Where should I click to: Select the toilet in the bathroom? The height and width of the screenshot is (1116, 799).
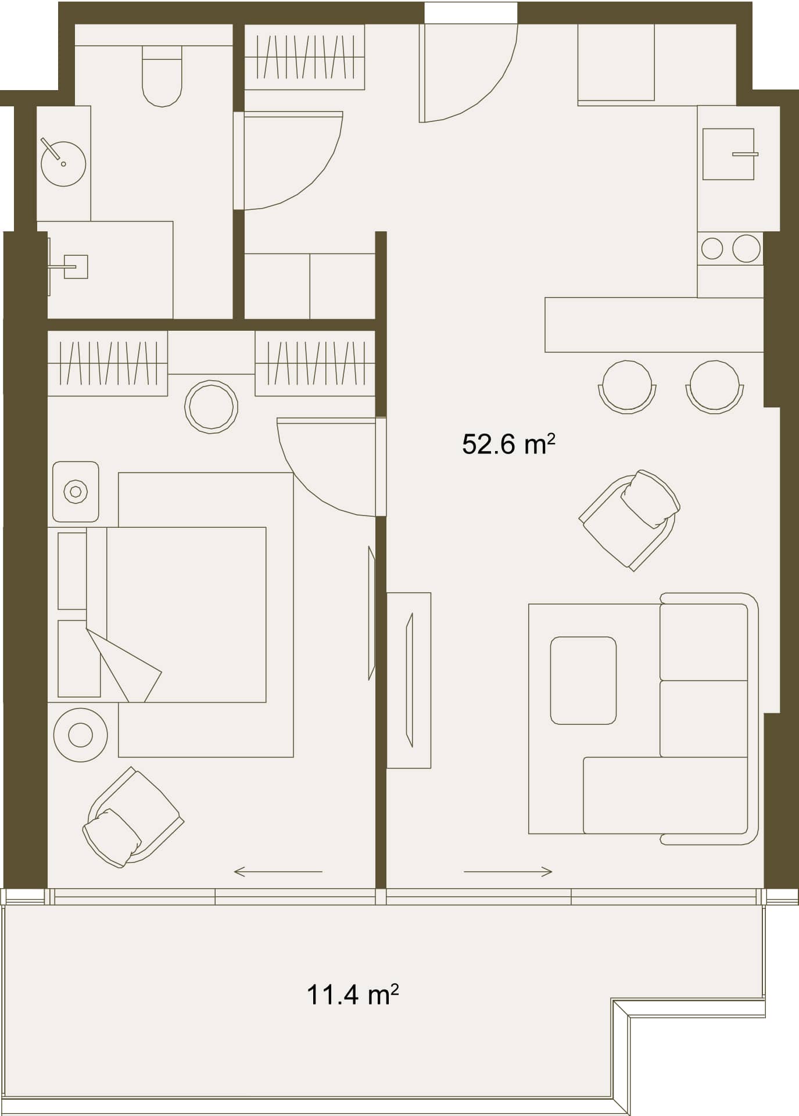(162, 77)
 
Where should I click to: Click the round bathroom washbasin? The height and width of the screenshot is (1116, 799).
(63, 163)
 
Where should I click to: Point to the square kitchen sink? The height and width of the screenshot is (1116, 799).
(728, 154)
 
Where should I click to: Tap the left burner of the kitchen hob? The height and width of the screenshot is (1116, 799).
(712, 249)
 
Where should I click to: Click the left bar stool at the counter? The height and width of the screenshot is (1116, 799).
(627, 387)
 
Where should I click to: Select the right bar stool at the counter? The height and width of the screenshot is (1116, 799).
(715, 387)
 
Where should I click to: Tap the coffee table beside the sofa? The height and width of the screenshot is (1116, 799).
(583, 680)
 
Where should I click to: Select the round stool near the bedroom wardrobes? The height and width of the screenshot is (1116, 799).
(211, 407)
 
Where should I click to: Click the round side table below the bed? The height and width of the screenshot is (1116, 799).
(80, 735)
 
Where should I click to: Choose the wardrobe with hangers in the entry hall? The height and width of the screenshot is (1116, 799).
(304, 57)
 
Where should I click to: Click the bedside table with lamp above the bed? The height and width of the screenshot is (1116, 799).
(76, 492)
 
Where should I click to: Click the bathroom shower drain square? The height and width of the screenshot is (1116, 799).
(76, 267)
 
